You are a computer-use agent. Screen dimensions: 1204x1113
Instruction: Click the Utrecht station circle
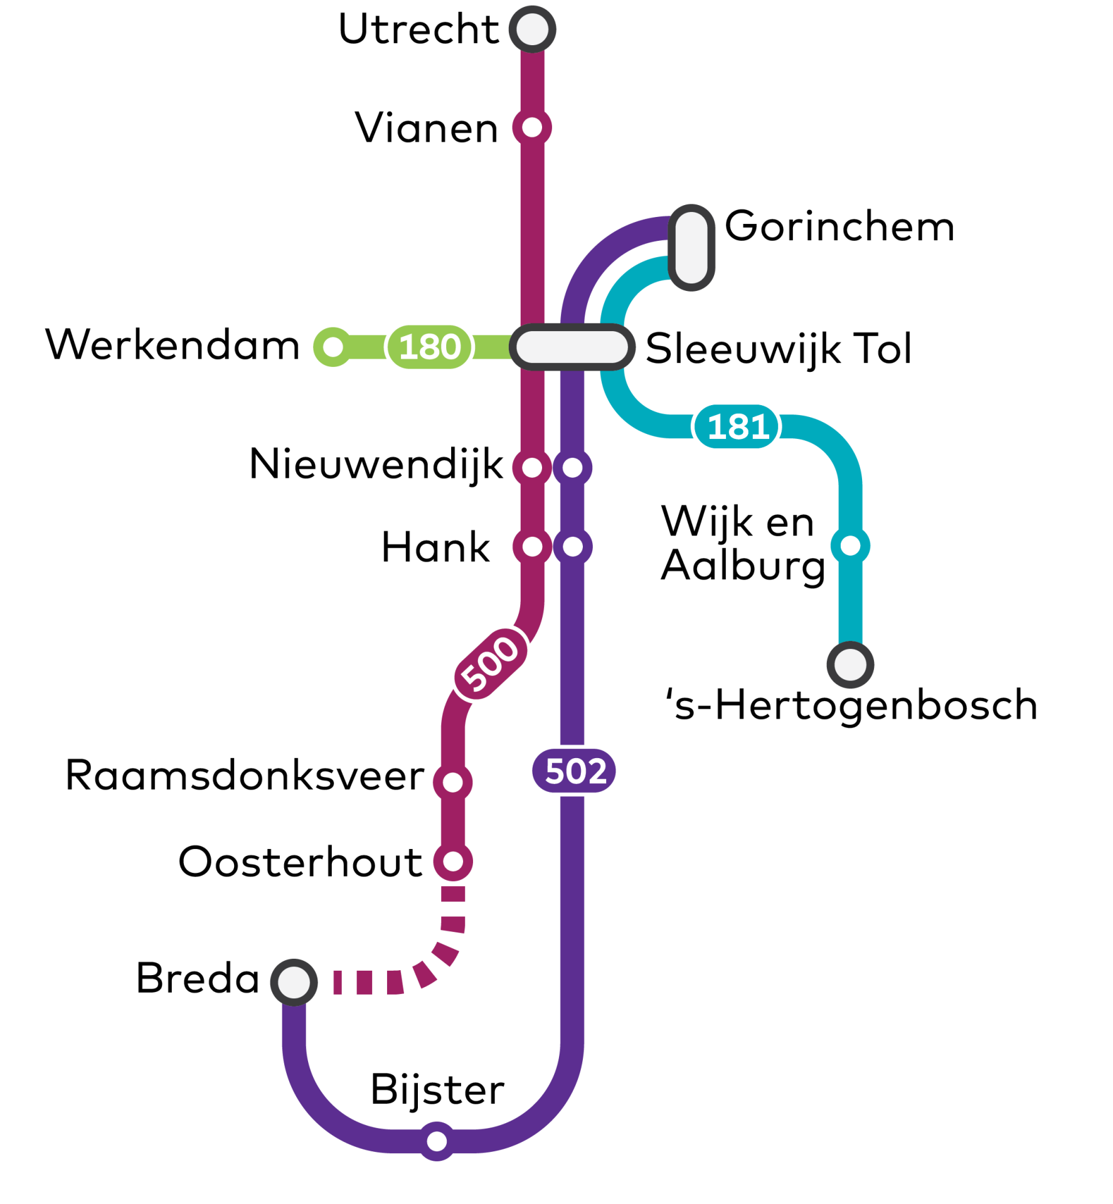(x=532, y=29)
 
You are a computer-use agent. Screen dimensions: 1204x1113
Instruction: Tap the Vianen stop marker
(x=532, y=127)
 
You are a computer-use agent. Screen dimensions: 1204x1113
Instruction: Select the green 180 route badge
(x=429, y=347)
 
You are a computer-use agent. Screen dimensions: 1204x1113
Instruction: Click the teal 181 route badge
(x=737, y=427)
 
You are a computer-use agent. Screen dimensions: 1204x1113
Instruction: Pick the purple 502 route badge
(x=574, y=771)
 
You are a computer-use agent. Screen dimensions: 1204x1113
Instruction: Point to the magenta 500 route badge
(x=490, y=664)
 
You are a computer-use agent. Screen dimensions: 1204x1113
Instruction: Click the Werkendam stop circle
(x=333, y=347)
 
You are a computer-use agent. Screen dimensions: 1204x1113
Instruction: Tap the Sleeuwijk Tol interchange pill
(x=572, y=347)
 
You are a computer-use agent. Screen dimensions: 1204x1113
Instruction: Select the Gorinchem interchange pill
(x=691, y=247)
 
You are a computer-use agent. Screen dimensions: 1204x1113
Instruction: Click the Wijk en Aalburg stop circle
(x=850, y=546)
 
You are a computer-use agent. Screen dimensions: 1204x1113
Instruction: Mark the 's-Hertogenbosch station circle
(x=850, y=665)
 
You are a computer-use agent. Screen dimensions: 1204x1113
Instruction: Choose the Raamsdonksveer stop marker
(x=452, y=782)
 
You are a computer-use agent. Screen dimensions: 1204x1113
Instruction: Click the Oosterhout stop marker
(x=452, y=862)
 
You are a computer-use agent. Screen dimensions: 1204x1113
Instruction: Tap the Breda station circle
(x=294, y=982)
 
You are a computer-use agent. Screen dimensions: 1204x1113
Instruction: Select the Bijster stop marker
(x=437, y=1141)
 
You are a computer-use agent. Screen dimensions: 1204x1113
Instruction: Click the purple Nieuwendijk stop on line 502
(x=572, y=467)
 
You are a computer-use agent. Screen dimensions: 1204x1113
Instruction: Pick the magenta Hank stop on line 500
(x=532, y=547)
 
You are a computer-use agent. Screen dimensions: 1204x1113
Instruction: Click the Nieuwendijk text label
(x=376, y=465)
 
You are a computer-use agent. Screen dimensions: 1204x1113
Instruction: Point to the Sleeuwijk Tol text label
(x=778, y=349)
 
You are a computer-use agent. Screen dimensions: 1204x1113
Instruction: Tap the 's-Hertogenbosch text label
(x=851, y=705)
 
